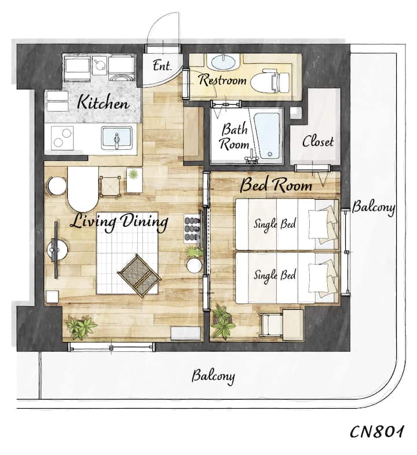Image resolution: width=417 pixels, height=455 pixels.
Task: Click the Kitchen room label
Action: [x=103, y=102]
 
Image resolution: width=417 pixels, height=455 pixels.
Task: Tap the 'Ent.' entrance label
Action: [x=162, y=65]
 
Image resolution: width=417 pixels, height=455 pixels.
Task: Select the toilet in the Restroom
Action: [x=270, y=81]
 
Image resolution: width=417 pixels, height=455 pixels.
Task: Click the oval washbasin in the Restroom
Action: [x=224, y=62]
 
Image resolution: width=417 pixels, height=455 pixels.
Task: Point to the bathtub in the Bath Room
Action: [x=267, y=135]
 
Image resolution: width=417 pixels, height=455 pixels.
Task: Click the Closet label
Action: [x=318, y=141]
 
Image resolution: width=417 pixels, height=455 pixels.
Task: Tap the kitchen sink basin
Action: [x=117, y=138]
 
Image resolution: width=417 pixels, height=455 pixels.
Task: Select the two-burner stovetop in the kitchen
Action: [x=62, y=138]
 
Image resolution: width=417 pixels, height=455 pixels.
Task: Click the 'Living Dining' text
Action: [x=119, y=222]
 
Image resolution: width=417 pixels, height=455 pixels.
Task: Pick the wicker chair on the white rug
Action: [x=139, y=275]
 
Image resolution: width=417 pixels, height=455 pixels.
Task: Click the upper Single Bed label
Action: [x=275, y=223]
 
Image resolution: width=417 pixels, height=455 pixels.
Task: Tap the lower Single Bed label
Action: [x=275, y=275]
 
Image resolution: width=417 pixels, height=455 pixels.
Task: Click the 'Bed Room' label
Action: [x=276, y=185]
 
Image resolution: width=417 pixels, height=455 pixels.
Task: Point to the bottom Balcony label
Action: [x=213, y=376]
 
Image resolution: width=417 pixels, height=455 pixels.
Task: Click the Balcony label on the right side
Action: [x=374, y=208]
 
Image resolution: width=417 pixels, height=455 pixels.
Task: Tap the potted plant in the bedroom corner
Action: [x=223, y=321]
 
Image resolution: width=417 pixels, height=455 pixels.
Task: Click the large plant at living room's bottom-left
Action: [x=80, y=327]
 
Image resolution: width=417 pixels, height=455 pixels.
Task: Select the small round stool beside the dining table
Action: [x=57, y=186]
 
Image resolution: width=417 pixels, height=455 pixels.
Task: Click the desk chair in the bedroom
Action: [x=271, y=324]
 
